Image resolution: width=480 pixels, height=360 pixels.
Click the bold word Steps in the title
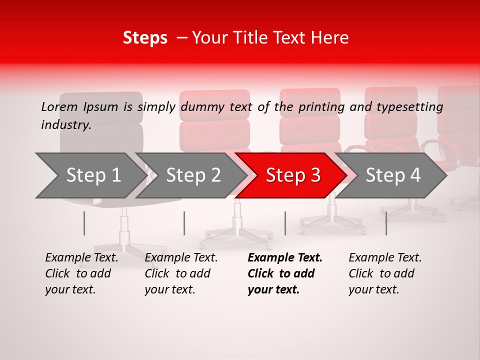coord(145,38)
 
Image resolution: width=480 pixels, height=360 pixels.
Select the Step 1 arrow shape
coord(90,175)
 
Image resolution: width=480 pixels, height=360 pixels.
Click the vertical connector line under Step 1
coord(84,223)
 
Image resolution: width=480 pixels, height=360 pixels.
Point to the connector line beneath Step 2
coord(184,223)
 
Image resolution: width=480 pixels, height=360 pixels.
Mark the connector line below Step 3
coord(285,223)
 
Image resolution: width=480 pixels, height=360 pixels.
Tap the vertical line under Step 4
coord(386,223)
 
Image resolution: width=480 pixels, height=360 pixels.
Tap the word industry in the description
coord(66,125)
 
